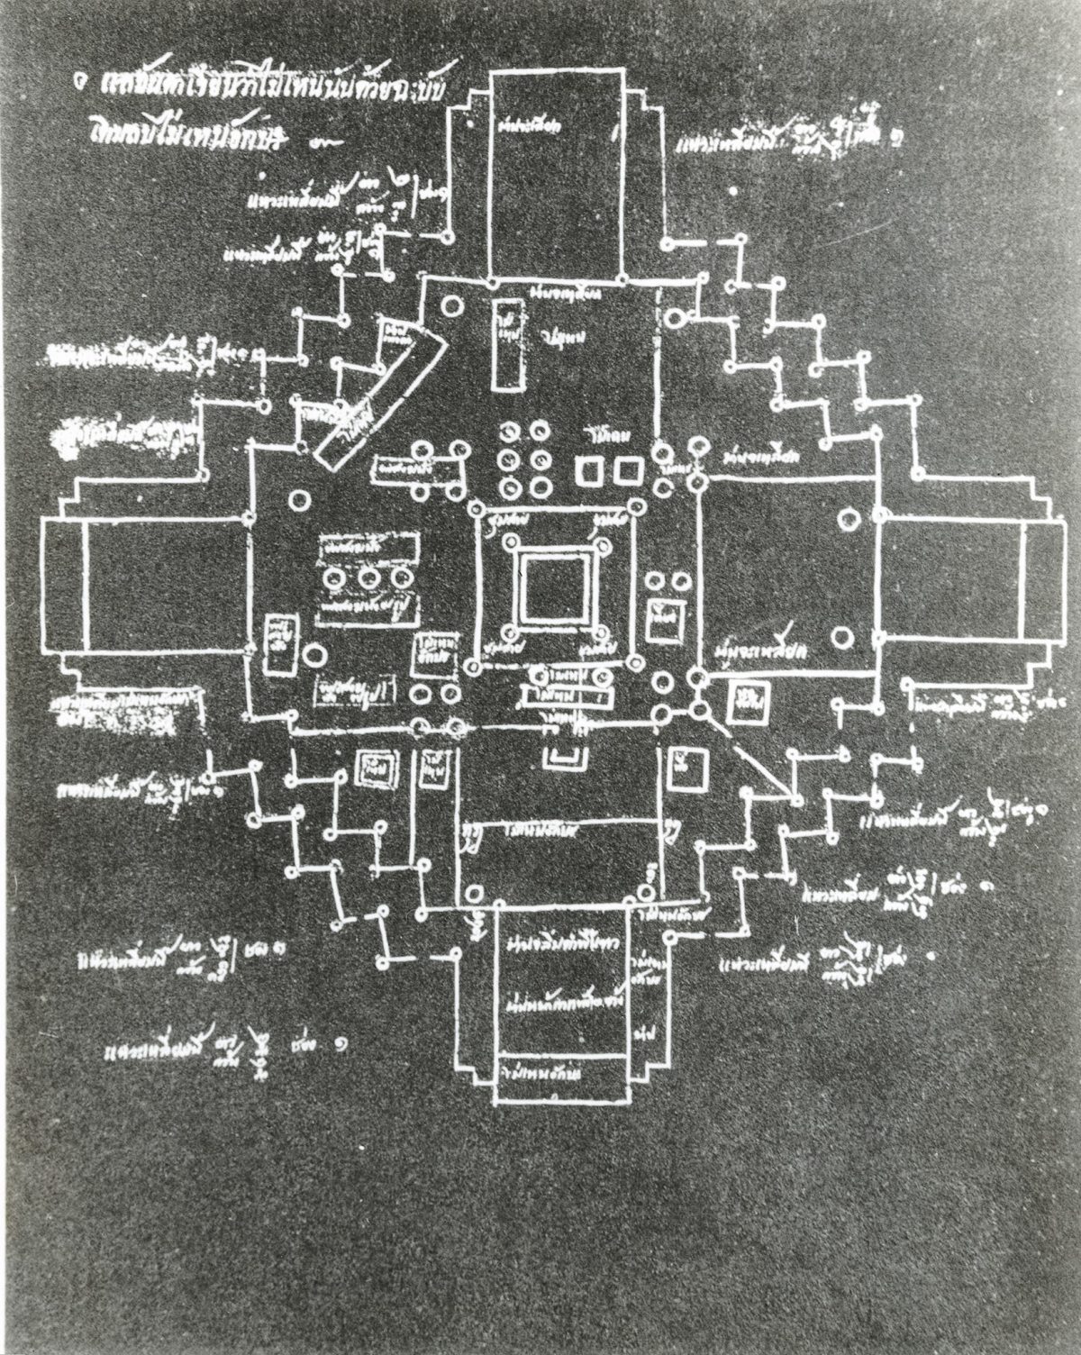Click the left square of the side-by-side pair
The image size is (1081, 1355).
(x=589, y=468)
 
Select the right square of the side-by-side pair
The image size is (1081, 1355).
(x=624, y=468)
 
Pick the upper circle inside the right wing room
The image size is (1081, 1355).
(x=847, y=518)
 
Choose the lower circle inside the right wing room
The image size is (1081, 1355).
(x=842, y=638)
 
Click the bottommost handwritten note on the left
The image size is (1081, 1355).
(x=225, y=1046)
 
